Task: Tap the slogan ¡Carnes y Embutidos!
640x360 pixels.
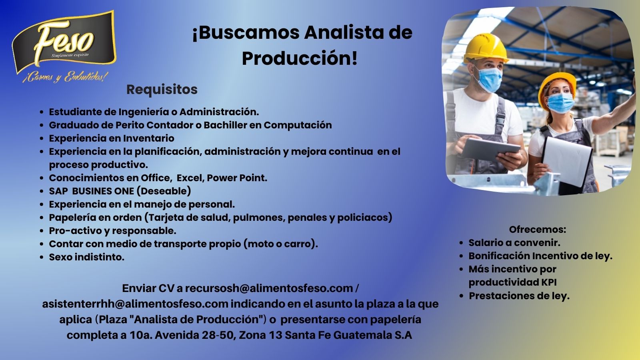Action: (x=66, y=77)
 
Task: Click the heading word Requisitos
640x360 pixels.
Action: (x=162, y=90)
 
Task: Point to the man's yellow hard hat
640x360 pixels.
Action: (x=486, y=48)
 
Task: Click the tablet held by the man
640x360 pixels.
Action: (x=491, y=149)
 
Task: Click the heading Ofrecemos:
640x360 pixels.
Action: (x=538, y=230)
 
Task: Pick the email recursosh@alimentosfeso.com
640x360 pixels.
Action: (x=269, y=288)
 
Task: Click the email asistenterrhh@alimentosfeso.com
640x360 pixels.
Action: (x=135, y=304)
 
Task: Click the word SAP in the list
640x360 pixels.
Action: (x=58, y=191)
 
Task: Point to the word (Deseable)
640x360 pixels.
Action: (x=164, y=191)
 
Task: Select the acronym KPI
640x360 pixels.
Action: (x=549, y=282)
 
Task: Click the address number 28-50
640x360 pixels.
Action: (x=219, y=335)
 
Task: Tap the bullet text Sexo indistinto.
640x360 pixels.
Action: (x=86, y=257)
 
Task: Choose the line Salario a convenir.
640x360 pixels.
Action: (x=514, y=242)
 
